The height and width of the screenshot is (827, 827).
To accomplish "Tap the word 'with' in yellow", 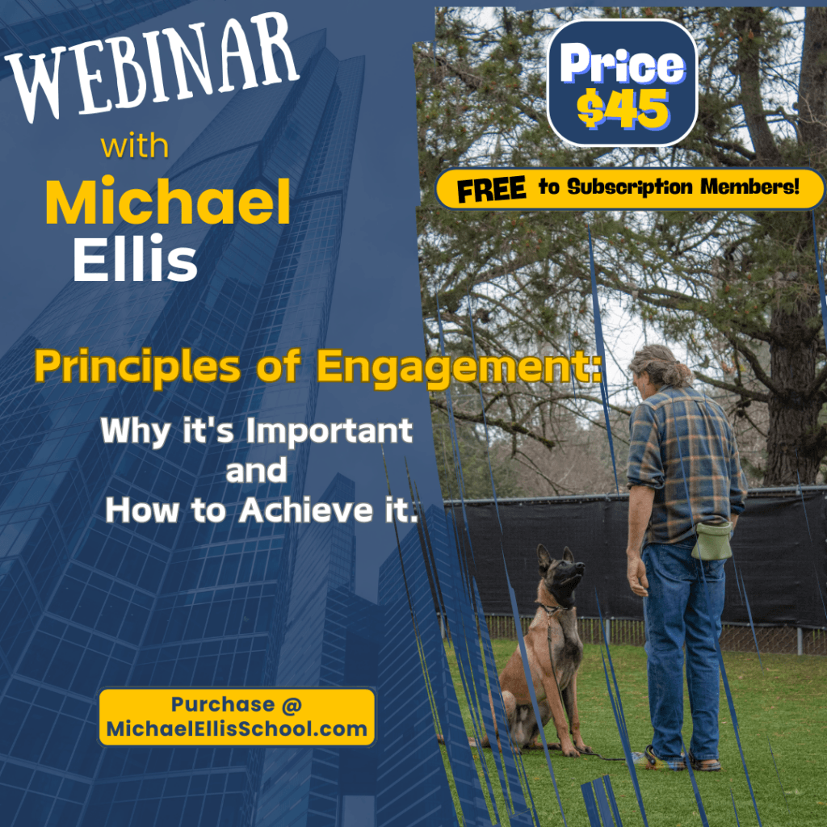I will [135, 148].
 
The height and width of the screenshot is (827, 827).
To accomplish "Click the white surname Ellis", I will [135, 260].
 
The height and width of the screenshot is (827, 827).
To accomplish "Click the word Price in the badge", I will [622, 65].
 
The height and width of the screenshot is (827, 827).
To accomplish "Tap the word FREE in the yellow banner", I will [493, 189].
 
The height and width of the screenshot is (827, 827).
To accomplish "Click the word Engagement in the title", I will [458, 367].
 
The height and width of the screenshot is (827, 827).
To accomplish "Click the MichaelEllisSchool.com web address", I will [237, 730].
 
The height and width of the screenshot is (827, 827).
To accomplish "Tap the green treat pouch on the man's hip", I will [712, 539].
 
